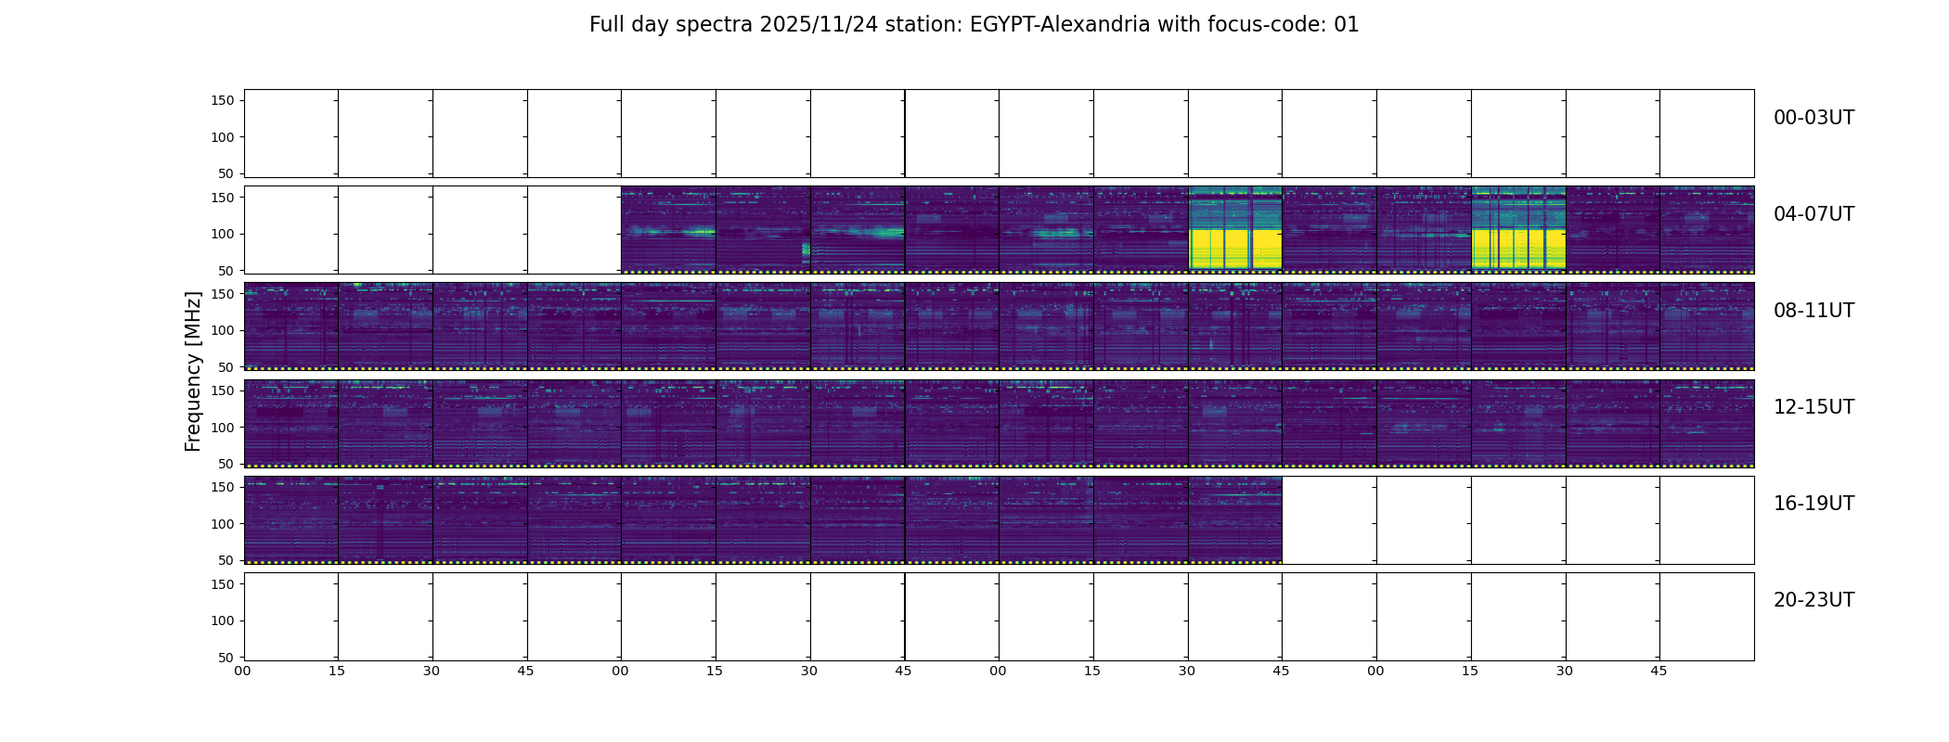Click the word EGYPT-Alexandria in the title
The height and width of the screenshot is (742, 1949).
(1060, 25)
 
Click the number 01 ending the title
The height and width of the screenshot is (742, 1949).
(1347, 25)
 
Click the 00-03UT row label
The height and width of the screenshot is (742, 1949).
(1813, 118)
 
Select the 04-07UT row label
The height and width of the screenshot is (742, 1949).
(1813, 214)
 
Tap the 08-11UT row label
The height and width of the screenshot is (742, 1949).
(1813, 311)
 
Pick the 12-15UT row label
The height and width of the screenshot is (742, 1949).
(1813, 407)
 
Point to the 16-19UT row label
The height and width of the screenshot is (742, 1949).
(1813, 504)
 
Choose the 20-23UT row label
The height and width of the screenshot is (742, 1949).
(1813, 600)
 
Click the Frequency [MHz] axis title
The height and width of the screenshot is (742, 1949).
(193, 371)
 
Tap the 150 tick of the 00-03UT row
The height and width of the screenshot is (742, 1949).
(223, 100)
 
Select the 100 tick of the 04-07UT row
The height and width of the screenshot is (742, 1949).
(223, 234)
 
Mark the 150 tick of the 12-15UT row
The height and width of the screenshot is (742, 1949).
(223, 390)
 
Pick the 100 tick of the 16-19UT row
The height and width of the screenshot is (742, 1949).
(223, 524)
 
